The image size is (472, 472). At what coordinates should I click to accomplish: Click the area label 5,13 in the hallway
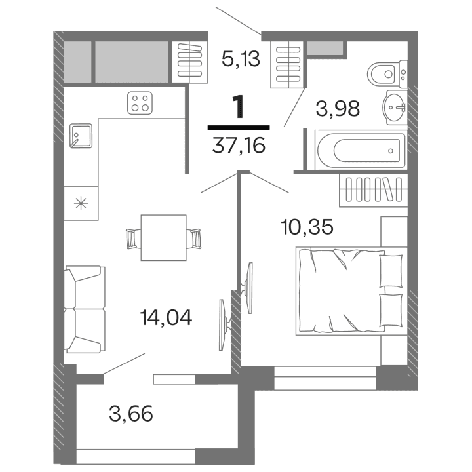(241, 60)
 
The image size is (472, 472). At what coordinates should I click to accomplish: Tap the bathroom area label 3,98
(338, 108)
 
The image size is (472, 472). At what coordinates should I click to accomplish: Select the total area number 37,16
(239, 145)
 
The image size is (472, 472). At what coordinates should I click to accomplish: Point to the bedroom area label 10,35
(307, 227)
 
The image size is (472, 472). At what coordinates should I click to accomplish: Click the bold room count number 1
(238, 105)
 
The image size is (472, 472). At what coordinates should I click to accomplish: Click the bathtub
(359, 151)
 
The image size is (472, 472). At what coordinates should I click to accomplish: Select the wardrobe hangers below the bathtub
(372, 190)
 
